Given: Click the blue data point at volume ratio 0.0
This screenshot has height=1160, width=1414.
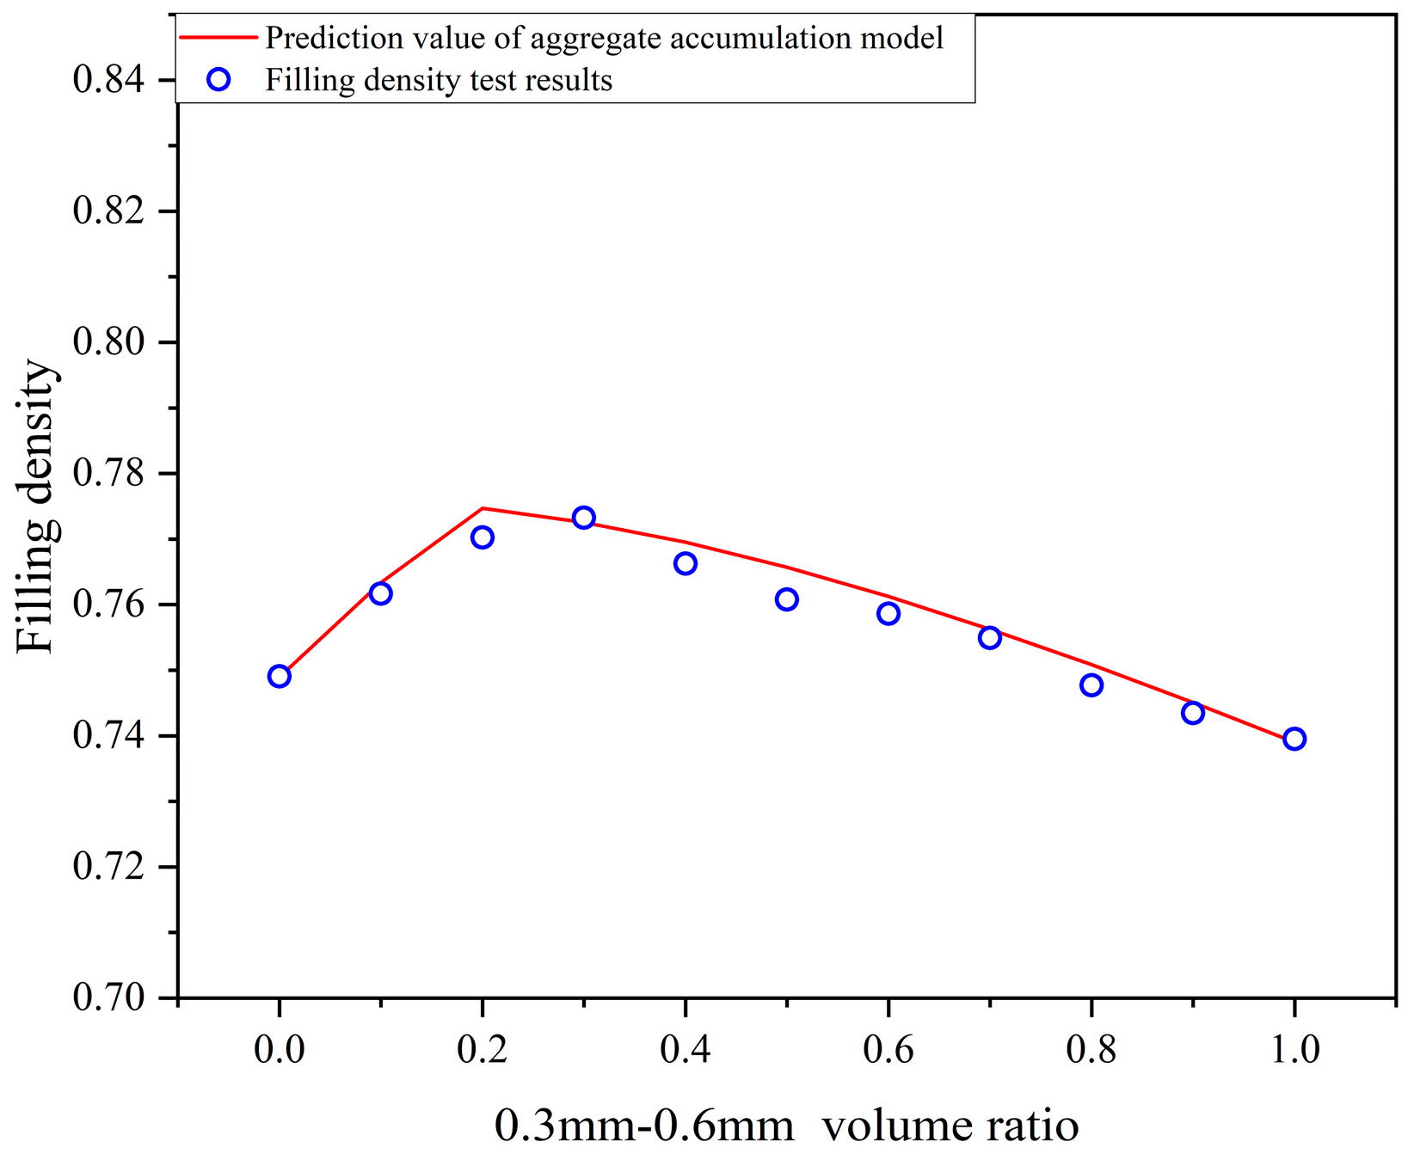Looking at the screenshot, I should tap(279, 676).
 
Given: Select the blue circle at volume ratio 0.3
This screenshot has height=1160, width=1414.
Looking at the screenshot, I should tap(584, 518).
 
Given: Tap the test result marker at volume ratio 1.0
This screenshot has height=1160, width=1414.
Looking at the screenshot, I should tap(1294, 739).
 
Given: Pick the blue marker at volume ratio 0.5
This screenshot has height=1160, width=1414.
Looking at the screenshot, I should tap(786, 599).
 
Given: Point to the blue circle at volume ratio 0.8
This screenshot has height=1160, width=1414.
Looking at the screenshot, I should tap(1091, 685).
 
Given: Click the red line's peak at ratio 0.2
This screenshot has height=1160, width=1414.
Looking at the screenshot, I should tap(483, 508).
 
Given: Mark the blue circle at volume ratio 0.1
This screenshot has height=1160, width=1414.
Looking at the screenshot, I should tap(380, 593).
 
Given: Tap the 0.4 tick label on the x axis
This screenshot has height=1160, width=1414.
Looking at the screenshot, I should tap(685, 1050).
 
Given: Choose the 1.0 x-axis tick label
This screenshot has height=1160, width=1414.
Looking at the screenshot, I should tap(1294, 1050).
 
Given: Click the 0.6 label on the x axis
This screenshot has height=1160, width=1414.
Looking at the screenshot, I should tap(888, 1050).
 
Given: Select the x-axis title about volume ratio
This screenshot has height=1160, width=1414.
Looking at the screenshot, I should tap(786, 1125).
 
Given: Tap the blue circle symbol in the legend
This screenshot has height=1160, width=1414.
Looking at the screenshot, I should tap(219, 80).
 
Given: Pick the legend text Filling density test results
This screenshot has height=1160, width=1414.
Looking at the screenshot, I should tap(439, 80).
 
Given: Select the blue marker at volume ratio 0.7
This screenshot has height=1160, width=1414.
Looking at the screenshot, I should tap(990, 637).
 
